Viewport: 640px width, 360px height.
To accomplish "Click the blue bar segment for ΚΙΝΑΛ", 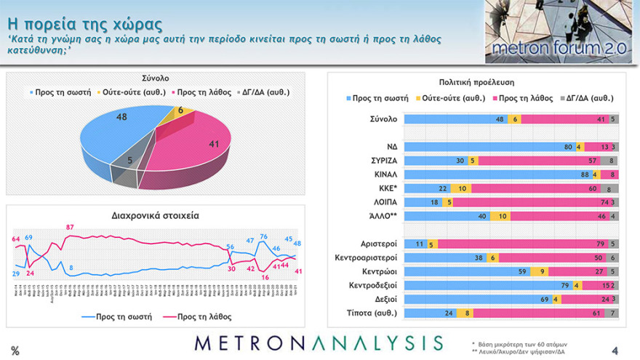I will coord(497,175).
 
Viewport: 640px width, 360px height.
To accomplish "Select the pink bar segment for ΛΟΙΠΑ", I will coord(530,202).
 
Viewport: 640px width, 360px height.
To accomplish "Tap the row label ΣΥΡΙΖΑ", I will coord(383,161).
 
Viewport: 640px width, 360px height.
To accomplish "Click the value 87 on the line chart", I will coord(70,228).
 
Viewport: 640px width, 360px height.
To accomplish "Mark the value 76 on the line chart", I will coord(264,236).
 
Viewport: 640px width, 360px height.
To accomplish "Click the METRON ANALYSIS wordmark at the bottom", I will coord(319,343).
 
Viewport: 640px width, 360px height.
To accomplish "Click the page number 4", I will coord(615,350).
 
